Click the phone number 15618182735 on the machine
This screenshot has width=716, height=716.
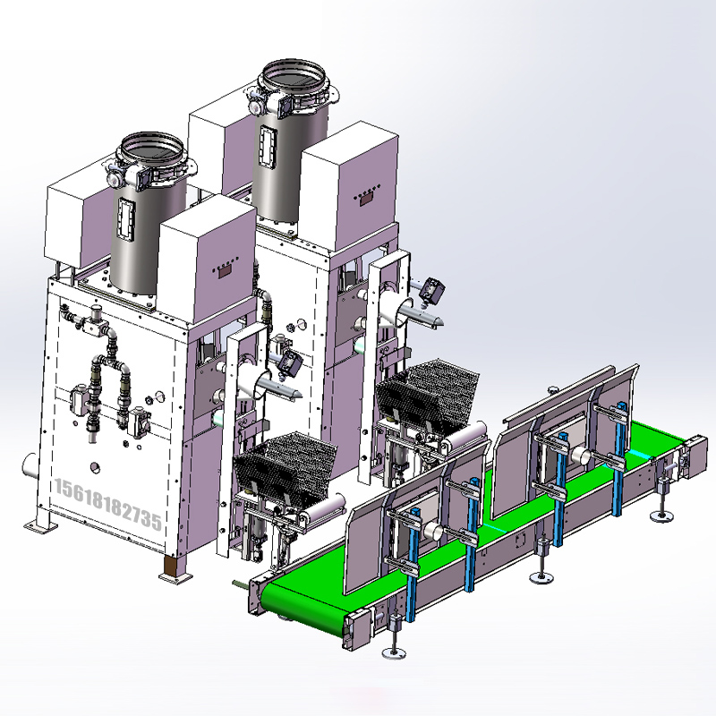[x=107, y=504]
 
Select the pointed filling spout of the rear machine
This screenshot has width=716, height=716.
[x=421, y=316]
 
